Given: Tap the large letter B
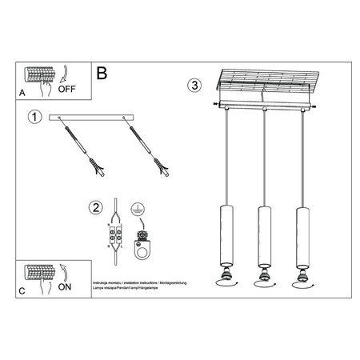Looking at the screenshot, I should (x=101, y=73).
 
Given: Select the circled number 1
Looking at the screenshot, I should (x=34, y=118).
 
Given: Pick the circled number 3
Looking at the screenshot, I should (x=194, y=85).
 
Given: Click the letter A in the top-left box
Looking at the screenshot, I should (x=22, y=93).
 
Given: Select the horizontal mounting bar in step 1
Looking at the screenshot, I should (x=94, y=118).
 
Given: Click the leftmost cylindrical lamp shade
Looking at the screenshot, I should (x=225, y=237).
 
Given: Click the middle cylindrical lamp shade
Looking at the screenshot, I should (x=262, y=237).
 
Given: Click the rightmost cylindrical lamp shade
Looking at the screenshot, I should (x=301, y=237).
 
